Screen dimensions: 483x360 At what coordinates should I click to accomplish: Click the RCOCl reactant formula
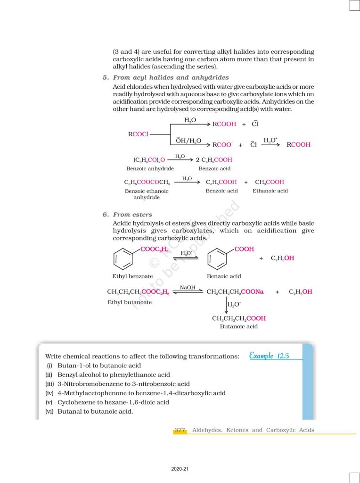click(x=138, y=134)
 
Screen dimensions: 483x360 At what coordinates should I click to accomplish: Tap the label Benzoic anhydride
click(x=150, y=168)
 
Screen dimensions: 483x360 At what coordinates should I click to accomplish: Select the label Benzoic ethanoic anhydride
click(x=147, y=194)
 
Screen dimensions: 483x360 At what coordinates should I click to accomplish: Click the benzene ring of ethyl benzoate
click(x=123, y=259)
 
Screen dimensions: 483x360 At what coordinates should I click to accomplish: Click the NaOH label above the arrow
click(x=188, y=287)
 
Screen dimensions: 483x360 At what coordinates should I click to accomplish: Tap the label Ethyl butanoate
click(x=130, y=302)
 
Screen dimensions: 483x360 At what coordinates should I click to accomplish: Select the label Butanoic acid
click(x=239, y=326)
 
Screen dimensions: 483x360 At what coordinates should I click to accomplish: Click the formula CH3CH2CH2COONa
click(x=235, y=292)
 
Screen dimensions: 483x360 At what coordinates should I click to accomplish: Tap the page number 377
click(x=180, y=430)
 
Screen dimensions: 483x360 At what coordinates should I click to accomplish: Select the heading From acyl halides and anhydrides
click(x=171, y=77)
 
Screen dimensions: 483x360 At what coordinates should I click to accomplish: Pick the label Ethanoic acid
click(x=270, y=191)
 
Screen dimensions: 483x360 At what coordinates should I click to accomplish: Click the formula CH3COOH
click(x=269, y=182)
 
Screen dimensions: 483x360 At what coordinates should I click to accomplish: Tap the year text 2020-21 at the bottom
click(x=180, y=469)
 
